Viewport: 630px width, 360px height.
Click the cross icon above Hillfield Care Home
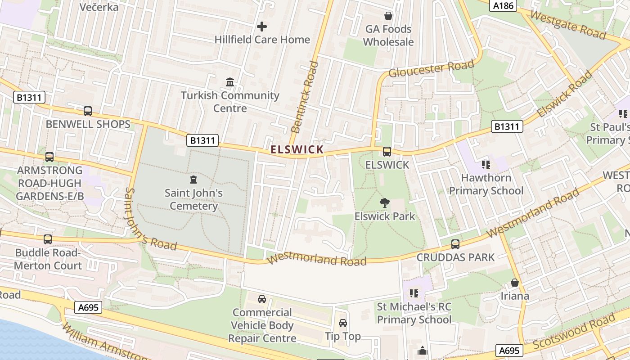(261, 27)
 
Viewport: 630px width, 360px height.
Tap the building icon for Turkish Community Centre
(230, 82)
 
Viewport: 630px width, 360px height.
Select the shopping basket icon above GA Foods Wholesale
(388, 16)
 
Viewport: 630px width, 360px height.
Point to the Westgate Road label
(567, 24)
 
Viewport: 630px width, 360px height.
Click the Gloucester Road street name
(431, 69)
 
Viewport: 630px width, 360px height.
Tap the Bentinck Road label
(305, 97)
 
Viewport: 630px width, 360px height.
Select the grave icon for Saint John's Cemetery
(193, 180)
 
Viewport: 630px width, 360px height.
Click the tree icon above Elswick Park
(384, 203)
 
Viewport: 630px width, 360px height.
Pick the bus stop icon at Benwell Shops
(88, 111)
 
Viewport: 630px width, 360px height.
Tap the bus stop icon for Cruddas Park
(455, 244)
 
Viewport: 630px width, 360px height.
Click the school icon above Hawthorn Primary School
(486, 165)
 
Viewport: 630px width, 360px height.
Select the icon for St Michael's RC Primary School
(414, 294)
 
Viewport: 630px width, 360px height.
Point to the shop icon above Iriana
(515, 283)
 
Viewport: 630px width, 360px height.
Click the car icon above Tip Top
(343, 323)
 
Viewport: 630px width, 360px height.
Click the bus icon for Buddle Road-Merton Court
(48, 239)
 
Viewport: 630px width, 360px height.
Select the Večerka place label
(99, 7)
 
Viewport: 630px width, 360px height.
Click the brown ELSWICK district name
(297, 149)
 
